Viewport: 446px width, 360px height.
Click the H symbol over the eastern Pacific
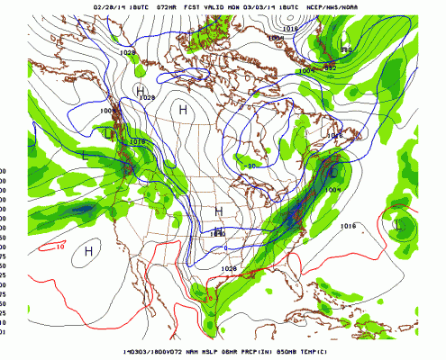(x=90, y=251)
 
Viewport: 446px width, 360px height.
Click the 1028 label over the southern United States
(x=228, y=268)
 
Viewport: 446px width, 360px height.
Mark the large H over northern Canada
(x=183, y=109)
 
